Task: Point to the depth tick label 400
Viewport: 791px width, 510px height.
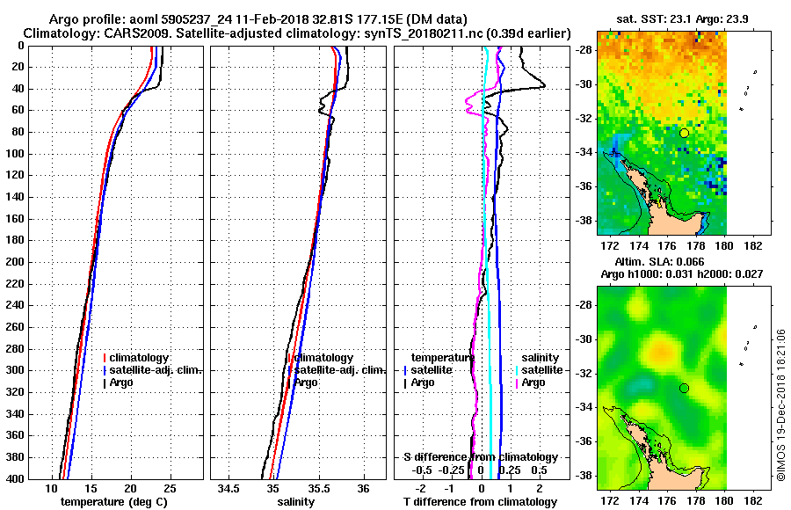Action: coord(14,478)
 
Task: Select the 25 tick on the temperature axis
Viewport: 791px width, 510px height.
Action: coord(170,488)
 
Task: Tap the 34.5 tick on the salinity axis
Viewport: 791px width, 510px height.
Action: coord(230,488)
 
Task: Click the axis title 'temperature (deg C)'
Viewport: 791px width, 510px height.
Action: coord(113,502)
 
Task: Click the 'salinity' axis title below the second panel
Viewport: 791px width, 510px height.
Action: coord(297,502)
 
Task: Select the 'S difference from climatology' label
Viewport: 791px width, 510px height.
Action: coord(481,457)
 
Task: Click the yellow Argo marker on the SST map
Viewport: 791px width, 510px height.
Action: coord(684,133)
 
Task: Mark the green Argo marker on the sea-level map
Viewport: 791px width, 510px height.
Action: coord(684,388)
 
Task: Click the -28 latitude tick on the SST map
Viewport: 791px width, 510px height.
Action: coord(583,49)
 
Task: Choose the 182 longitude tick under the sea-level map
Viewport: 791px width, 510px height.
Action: coord(751,496)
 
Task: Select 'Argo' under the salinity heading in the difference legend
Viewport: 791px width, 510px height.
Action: coord(533,382)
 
